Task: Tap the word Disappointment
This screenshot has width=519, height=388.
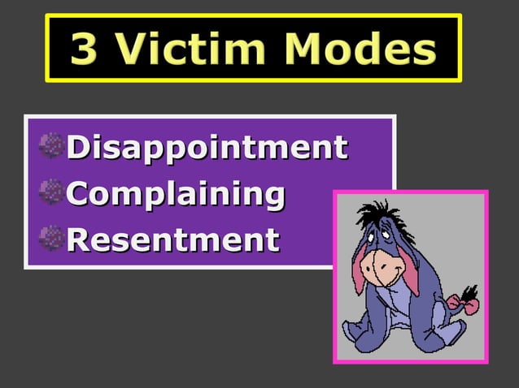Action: coord(207,149)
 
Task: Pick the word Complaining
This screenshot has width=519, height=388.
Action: coord(176,194)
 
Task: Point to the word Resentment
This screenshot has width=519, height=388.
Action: coord(173,239)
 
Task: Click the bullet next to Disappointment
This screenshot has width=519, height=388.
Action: coord(50,148)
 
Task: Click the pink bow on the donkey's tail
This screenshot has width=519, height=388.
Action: coord(464,303)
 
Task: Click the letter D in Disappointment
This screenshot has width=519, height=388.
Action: coord(77,149)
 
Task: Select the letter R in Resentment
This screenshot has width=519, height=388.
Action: coord(77,239)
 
